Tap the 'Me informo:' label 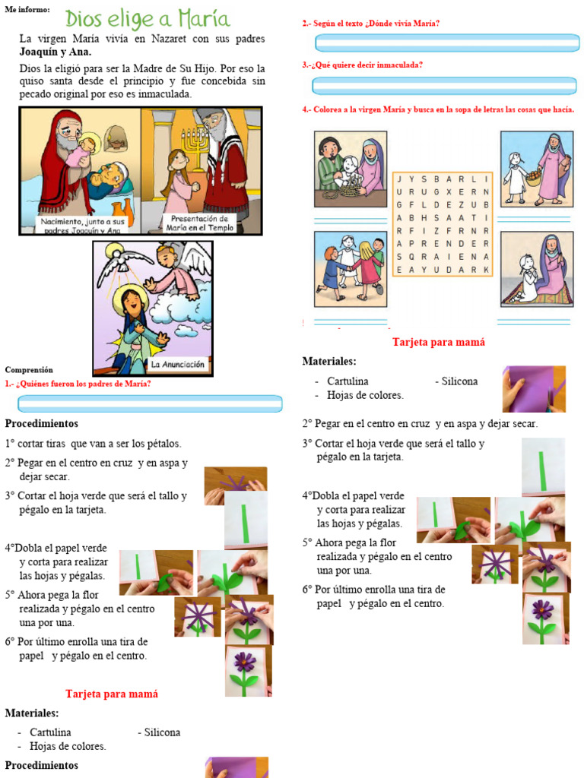tap(27, 9)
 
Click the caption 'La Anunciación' tap(178, 365)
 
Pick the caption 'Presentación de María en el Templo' tap(201, 223)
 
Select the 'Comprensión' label tap(29, 370)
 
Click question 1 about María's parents tap(78, 384)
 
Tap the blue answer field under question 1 tap(144, 403)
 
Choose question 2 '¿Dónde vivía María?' tap(371, 24)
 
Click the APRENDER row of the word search tap(443, 244)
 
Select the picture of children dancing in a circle tap(351, 267)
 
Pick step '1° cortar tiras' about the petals tap(94, 443)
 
